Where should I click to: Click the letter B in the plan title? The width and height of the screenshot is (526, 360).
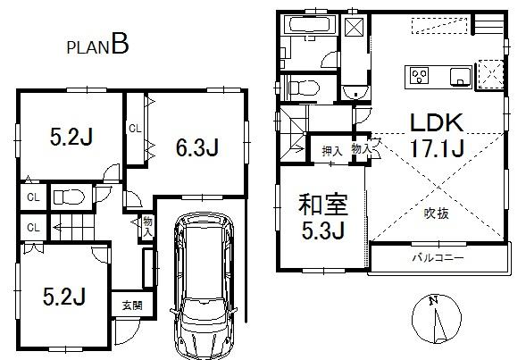pyautogui.click(x=120, y=46)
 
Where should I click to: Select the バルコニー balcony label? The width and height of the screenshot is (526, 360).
pyautogui.click(x=435, y=258)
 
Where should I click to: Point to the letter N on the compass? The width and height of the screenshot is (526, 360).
pyautogui.click(x=432, y=301)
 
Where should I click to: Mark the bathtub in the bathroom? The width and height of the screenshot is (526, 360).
pyautogui.click(x=307, y=25)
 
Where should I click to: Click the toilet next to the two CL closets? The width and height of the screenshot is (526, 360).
pyautogui.click(x=65, y=196)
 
